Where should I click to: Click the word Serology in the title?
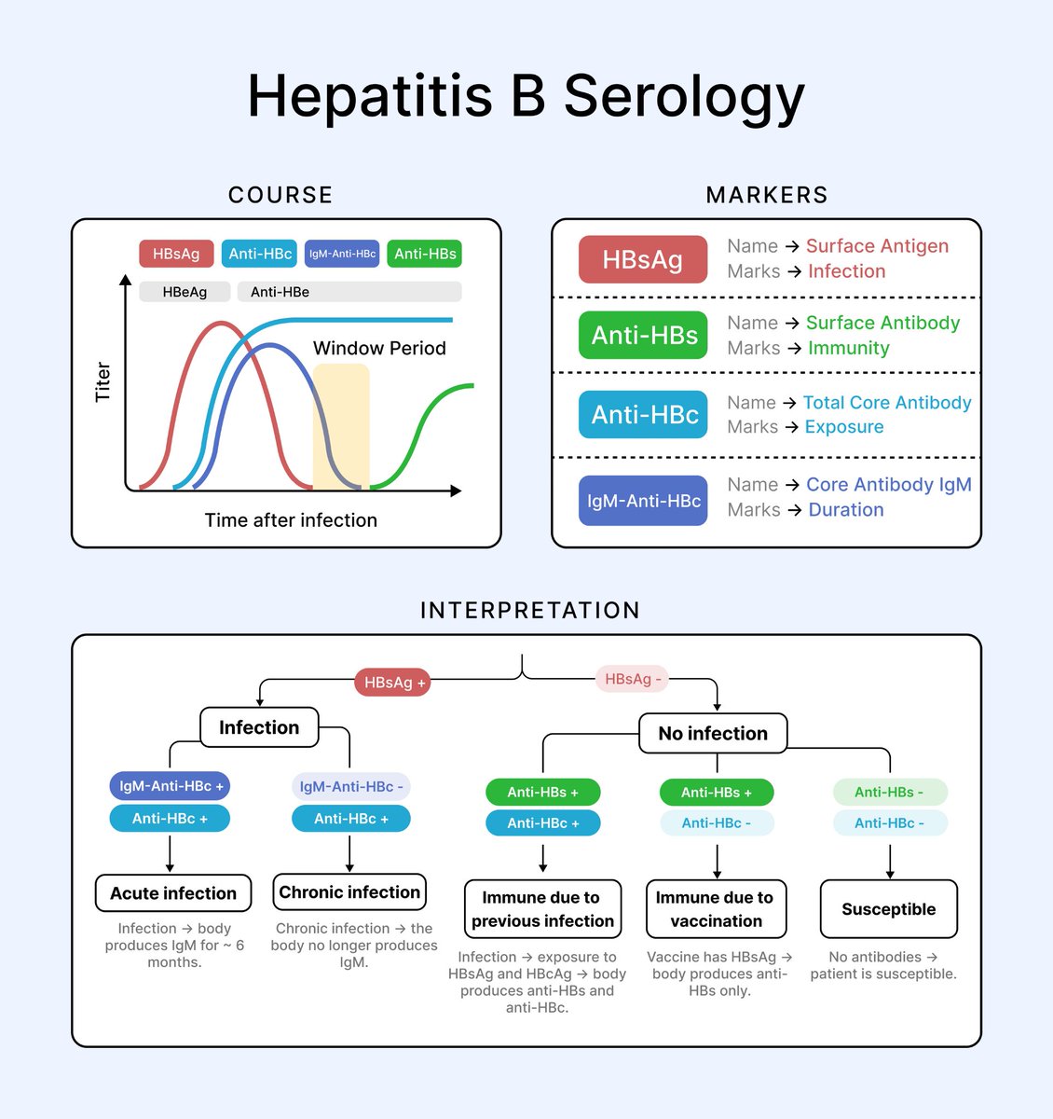click(x=684, y=97)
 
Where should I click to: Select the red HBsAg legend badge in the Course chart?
click(x=176, y=254)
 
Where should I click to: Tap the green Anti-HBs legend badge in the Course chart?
click(x=425, y=254)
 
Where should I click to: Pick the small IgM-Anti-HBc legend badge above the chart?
click(x=342, y=254)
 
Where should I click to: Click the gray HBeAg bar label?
click(x=185, y=292)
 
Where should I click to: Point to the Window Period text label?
click(x=379, y=349)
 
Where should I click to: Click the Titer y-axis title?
click(x=103, y=382)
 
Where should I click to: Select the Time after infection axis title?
click(x=291, y=520)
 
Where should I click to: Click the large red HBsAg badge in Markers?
click(x=643, y=259)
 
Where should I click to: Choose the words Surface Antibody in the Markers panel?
click(x=882, y=323)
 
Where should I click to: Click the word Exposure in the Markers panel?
click(x=843, y=427)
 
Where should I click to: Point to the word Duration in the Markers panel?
click(x=845, y=510)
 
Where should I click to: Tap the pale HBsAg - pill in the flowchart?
click(x=633, y=679)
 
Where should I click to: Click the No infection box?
click(x=713, y=734)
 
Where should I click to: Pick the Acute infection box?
click(x=173, y=893)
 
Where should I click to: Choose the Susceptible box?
click(x=888, y=909)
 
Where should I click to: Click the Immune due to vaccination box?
click(x=716, y=909)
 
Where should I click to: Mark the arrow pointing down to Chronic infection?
click(x=349, y=853)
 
